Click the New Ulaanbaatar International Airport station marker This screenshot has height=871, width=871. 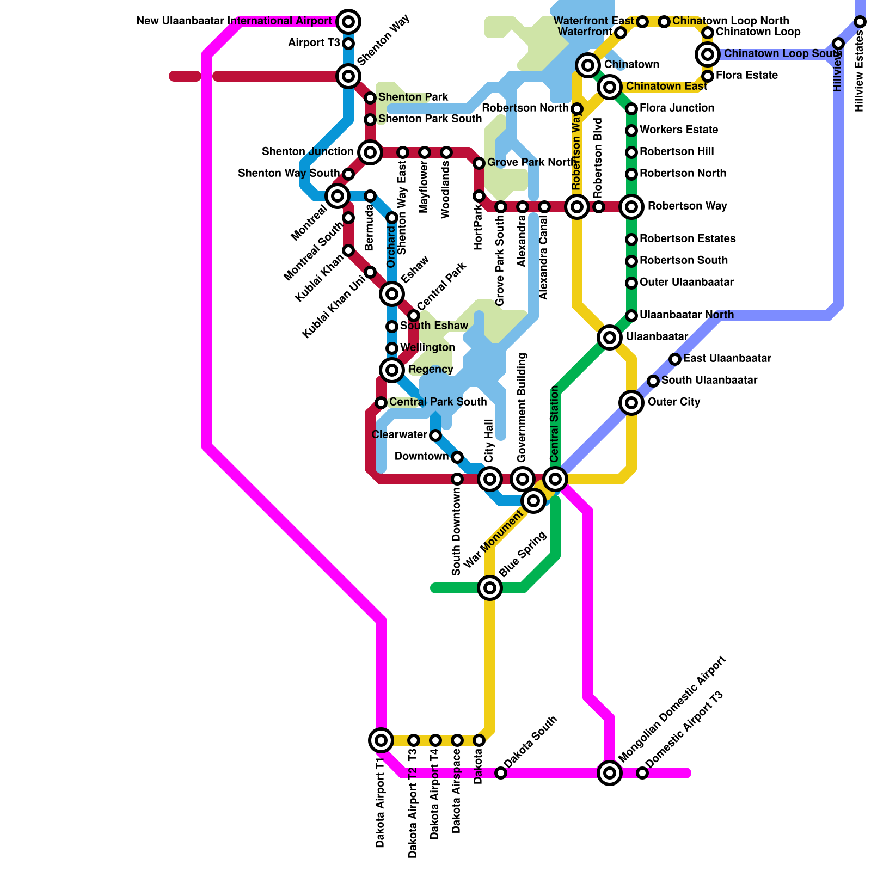click(x=348, y=22)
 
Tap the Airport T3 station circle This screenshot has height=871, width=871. click(x=348, y=44)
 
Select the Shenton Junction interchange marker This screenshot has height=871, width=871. click(x=370, y=152)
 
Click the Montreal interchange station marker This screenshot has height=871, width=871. click(x=338, y=196)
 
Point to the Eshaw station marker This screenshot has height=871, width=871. click(x=392, y=294)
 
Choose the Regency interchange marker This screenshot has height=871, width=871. click(x=392, y=370)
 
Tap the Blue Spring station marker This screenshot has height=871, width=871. click(x=490, y=588)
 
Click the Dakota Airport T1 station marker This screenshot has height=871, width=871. click(x=381, y=740)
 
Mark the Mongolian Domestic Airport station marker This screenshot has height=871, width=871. click(x=610, y=773)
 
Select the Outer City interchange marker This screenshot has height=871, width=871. click(x=631, y=403)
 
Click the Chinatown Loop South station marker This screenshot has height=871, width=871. click(x=708, y=54)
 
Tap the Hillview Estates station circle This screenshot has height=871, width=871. click(x=860, y=22)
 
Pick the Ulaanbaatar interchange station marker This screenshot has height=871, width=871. click(x=610, y=338)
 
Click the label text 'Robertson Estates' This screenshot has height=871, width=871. click(x=688, y=239)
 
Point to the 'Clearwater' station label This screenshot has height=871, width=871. click(x=399, y=435)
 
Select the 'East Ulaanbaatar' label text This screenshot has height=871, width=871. click(x=727, y=359)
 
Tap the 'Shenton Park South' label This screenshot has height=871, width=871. click(x=430, y=119)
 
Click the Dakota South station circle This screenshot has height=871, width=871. click(x=501, y=773)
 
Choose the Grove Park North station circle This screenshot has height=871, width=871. click(x=479, y=163)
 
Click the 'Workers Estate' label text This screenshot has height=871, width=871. click(x=679, y=130)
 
